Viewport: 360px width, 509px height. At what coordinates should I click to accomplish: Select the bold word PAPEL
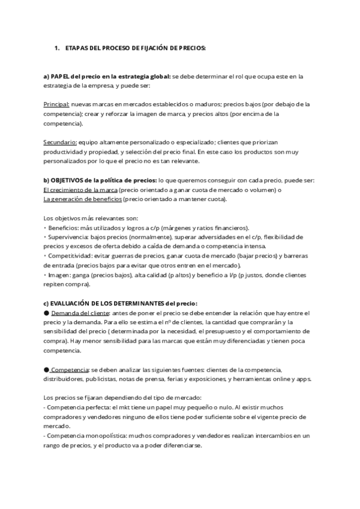pyautogui.click(x=59, y=76)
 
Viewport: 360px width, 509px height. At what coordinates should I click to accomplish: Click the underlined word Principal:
pyautogui.click(x=57, y=104)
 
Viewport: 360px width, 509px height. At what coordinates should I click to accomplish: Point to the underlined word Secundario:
pyautogui.click(x=60, y=142)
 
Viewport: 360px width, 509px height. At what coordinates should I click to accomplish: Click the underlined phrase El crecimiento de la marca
pyautogui.click(x=80, y=190)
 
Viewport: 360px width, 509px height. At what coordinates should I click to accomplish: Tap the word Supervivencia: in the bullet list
pyautogui.click(x=67, y=237)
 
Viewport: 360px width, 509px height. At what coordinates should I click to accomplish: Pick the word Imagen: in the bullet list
pyautogui.click(x=59, y=275)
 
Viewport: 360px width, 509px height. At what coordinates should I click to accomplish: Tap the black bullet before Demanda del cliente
pyautogui.click(x=46, y=313)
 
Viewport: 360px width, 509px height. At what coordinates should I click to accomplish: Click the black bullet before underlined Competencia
pyautogui.click(x=46, y=370)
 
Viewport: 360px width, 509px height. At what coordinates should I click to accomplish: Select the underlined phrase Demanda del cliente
pyautogui.click(x=80, y=313)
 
